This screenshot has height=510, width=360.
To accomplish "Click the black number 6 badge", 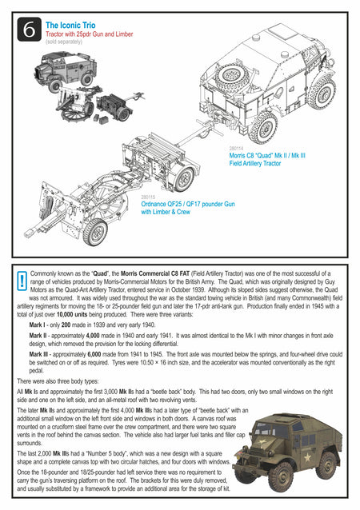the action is [x=30, y=30].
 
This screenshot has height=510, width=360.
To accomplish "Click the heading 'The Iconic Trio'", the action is [x=70, y=25].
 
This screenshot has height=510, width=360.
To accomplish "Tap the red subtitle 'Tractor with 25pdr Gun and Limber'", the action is [x=89, y=34].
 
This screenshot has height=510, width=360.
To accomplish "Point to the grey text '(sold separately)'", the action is [x=64, y=42].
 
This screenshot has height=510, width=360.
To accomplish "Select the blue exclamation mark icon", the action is [x=22, y=281].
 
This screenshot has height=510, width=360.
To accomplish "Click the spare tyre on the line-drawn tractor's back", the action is [x=233, y=78].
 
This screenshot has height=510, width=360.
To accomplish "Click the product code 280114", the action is [x=236, y=149].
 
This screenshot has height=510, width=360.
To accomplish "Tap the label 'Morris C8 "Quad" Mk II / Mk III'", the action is [x=267, y=155].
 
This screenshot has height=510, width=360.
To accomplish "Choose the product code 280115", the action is [x=148, y=197].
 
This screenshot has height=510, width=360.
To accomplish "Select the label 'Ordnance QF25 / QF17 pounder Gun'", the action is [x=188, y=204].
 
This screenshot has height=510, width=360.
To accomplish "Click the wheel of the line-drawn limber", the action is [x=184, y=178].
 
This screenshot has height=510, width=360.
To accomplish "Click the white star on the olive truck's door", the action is [x=306, y=458].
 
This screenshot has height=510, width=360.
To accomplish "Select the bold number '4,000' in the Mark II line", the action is [x=93, y=336].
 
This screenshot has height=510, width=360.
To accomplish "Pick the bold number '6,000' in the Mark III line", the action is [x=94, y=354].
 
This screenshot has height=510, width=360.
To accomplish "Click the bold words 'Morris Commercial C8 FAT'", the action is [x=155, y=273].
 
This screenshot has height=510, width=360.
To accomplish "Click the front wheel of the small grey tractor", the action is [x=54, y=86].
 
